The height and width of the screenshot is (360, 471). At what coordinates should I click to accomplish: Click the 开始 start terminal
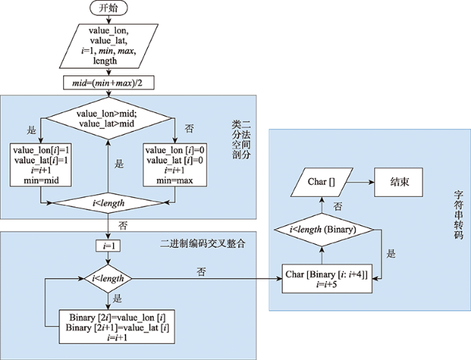coord(109,8)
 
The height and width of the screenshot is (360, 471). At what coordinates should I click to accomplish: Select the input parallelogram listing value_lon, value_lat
coord(109,46)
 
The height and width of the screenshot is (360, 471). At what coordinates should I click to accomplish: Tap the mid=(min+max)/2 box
coord(109,83)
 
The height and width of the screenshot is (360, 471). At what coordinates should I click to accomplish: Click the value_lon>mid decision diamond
coord(109,118)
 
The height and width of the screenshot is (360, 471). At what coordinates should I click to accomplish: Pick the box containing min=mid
coord(41,165)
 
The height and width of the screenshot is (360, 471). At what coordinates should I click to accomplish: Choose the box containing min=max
coord(175,165)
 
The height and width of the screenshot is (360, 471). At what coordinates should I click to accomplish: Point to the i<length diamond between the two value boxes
coord(108,203)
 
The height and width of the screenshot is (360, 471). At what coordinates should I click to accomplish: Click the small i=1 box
coord(108,246)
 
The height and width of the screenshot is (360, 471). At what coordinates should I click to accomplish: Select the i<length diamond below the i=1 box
coord(108,279)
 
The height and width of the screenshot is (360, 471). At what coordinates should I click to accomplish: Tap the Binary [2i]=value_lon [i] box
coord(117,327)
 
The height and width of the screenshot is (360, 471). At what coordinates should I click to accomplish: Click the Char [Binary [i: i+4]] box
coord(327,279)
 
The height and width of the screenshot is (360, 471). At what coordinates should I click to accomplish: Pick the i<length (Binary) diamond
coord(323,230)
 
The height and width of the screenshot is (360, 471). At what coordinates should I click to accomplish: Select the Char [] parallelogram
coord(322,183)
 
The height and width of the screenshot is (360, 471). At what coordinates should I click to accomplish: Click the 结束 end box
coord(399,183)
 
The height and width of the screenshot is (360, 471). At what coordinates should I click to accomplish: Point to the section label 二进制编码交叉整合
coord(203,243)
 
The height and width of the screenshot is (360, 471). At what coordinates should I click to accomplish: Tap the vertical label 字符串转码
coord(459,215)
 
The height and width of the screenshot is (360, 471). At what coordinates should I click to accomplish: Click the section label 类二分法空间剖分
coord(241,140)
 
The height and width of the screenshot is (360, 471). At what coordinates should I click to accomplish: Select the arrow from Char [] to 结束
coord(360,183)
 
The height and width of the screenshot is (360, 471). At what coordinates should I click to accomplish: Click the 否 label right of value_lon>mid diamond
coord(189,129)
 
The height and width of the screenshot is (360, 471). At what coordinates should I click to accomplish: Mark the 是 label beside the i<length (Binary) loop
coord(391,254)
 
